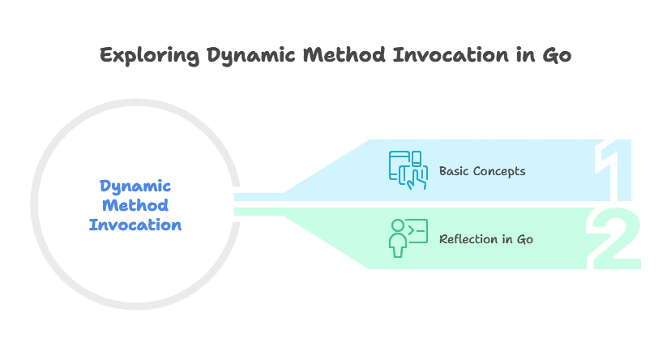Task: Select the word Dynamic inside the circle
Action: pos(135,186)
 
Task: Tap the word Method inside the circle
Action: pos(135,206)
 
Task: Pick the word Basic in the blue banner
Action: pos(454,171)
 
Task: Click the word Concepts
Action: pos(498,171)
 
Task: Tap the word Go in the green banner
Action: pos(524,239)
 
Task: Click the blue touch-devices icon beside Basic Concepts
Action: pos(408,170)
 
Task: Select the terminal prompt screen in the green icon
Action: pos(416,232)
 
